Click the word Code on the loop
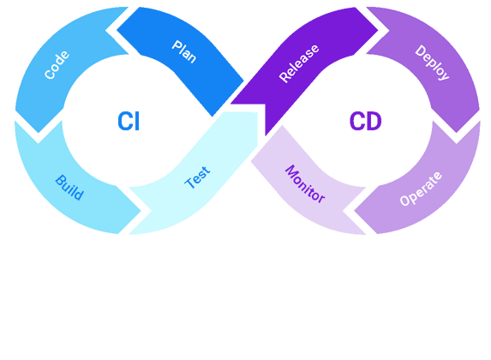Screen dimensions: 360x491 click(57, 65)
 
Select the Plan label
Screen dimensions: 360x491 click(184, 51)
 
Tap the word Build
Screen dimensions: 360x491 click(69, 188)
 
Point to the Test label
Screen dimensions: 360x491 click(198, 177)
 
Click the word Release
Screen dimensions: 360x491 click(299, 63)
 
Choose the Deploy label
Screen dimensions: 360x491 click(432, 63)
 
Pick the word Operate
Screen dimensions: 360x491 click(421, 189)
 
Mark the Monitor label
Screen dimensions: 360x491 click(305, 183)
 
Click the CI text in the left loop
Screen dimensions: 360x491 click(129, 122)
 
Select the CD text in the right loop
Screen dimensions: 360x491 click(365, 122)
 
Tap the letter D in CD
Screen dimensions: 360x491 click(374, 122)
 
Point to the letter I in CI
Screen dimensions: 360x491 click(137, 122)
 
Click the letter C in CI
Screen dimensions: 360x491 click(123, 122)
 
